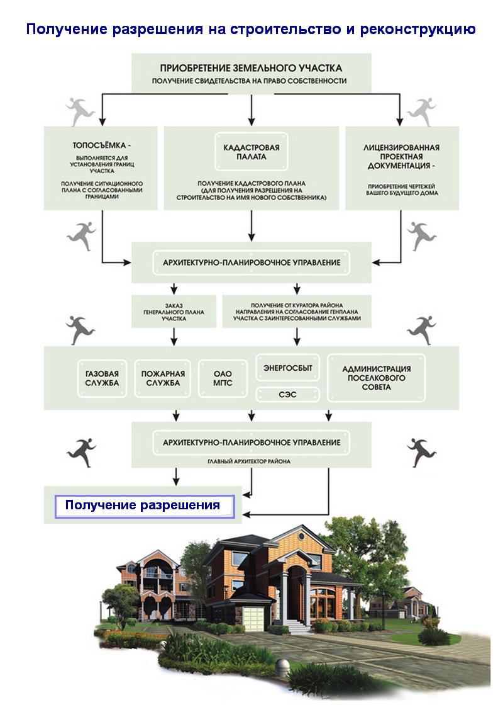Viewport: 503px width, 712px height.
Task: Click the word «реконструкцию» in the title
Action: pyautogui.click(x=417, y=30)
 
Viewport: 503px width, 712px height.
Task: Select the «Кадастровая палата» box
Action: pyautogui.click(x=251, y=152)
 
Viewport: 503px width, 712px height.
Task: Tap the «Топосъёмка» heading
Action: pyautogui.click(x=102, y=145)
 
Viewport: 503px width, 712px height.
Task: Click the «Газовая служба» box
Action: pyautogui.click(x=102, y=379)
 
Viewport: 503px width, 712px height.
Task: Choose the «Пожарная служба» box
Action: pyautogui.click(x=163, y=379)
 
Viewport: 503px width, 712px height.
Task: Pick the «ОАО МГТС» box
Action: pyautogui.click(x=223, y=379)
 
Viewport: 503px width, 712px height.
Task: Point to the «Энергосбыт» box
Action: pyautogui.click(x=287, y=368)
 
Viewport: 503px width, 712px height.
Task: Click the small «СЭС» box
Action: pyautogui.click(x=287, y=395)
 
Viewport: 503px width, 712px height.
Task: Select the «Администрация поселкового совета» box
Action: pyautogui.click(x=377, y=378)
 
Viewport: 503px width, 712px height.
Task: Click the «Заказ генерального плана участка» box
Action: pyautogui.click(x=174, y=312)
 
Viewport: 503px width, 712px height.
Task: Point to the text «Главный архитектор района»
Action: pyautogui.click(x=249, y=461)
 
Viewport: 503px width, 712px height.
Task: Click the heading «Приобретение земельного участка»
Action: pyautogui.click(x=251, y=68)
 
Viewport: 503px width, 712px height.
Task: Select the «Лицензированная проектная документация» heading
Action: pyautogui.click(x=401, y=157)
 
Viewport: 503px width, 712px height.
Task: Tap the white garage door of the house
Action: pyautogui.click(x=253, y=618)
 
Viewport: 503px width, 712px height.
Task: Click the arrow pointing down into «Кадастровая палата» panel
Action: pyautogui.click(x=251, y=109)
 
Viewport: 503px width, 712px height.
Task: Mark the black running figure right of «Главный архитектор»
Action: pyautogui.click(x=421, y=452)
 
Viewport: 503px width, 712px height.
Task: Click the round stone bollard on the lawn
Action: pyautogui.click(x=282, y=666)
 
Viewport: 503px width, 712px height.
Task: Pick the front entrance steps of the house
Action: pyautogui.click(x=297, y=626)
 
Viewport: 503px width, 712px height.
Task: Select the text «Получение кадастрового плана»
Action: pyautogui.click(x=251, y=183)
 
